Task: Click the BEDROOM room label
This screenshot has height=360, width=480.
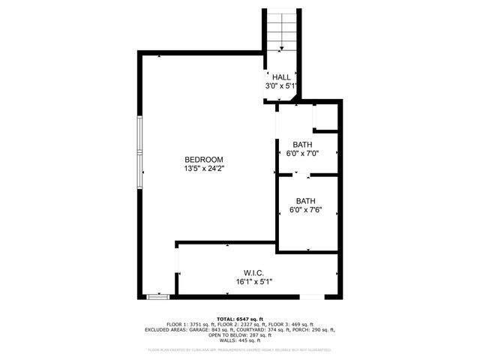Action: click(x=204, y=160)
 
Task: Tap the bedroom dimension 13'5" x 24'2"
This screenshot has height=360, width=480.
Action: click(x=204, y=169)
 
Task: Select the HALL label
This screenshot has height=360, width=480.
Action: click(x=281, y=77)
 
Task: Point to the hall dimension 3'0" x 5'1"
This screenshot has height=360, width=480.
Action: click(x=281, y=86)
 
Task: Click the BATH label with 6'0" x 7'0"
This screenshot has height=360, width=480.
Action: click(x=302, y=145)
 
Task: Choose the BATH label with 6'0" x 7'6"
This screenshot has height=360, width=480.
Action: click(x=305, y=201)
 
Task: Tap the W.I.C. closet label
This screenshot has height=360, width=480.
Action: click(x=253, y=272)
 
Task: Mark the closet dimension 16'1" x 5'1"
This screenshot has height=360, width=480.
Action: click(x=253, y=281)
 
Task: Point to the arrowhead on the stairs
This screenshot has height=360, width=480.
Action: click(x=281, y=49)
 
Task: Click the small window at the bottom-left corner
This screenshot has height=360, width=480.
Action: click(x=157, y=297)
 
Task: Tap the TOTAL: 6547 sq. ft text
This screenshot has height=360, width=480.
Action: click(x=240, y=319)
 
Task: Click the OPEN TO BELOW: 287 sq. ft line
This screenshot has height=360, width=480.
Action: click(x=240, y=334)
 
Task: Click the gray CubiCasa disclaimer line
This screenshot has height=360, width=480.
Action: click(x=240, y=349)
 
